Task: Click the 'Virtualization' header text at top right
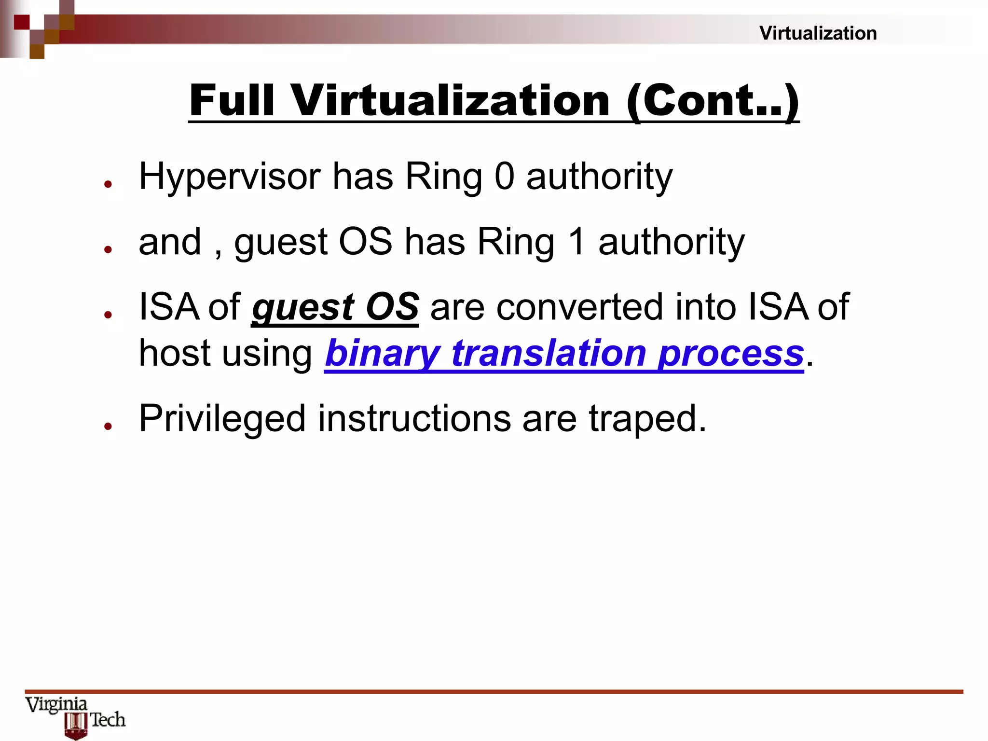click(818, 33)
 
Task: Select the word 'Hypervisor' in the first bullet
click(230, 177)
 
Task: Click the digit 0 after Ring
click(504, 176)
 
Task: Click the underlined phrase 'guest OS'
click(335, 307)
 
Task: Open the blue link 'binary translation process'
click(564, 353)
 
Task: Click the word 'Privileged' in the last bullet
click(222, 418)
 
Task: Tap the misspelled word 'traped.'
click(647, 418)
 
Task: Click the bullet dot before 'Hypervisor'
click(108, 184)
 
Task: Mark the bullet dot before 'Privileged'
click(108, 425)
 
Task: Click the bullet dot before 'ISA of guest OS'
click(108, 314)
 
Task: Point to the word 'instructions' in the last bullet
click(414, 418)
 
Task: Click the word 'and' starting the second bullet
click(169, 242)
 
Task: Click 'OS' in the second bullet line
click(365, 241)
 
